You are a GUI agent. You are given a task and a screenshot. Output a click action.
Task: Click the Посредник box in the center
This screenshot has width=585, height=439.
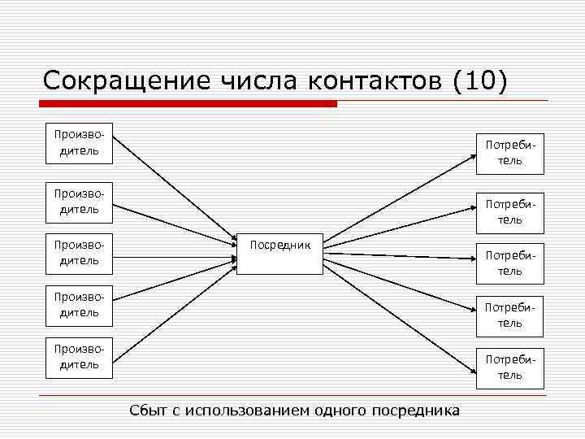[279, 254]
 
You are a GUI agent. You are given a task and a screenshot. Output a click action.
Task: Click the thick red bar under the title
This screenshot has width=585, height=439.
[188, 104]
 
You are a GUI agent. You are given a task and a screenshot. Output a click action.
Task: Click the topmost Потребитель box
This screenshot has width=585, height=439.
[509, 153]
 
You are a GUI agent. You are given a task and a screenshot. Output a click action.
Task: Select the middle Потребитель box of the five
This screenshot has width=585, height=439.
[509, 263]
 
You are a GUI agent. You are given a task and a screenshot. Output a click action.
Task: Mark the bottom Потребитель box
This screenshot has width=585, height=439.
[509, 367]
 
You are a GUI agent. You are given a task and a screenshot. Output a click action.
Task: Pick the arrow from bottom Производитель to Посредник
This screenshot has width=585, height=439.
[171, 313]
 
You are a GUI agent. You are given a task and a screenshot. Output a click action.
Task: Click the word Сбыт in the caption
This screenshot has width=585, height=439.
[149, 410]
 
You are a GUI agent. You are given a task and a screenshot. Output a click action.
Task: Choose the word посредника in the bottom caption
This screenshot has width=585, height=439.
[414, 410]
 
